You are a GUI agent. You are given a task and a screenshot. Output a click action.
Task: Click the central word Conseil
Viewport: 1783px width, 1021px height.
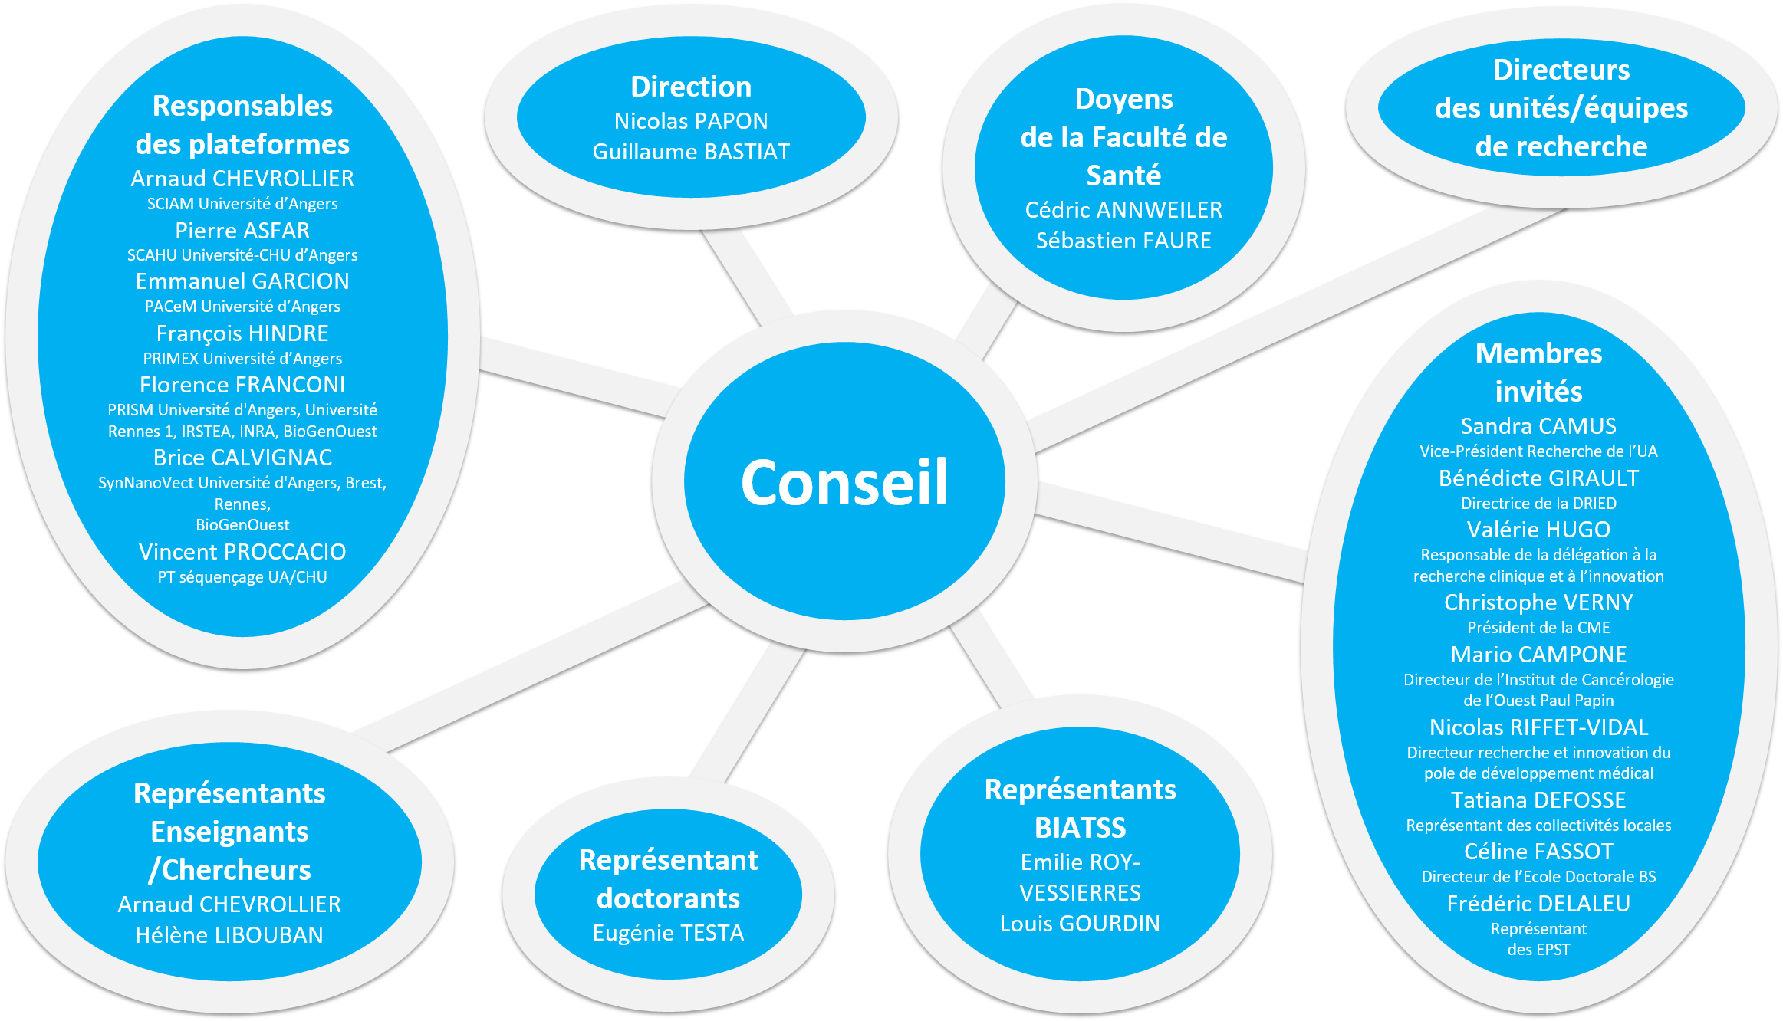[x=844, y=482]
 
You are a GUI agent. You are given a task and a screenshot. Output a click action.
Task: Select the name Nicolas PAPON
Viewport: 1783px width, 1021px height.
[x=691, y=121]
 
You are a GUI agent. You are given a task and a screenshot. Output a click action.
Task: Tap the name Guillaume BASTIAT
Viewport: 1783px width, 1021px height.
[x=691, y=152]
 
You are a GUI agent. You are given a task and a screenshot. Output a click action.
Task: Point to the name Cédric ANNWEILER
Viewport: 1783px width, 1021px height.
[x=1123, y=210]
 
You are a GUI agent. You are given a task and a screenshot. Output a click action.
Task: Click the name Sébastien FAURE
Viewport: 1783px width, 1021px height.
[x=1123, y=241]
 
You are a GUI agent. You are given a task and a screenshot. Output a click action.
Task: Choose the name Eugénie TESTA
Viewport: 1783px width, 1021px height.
[x=668, y=933]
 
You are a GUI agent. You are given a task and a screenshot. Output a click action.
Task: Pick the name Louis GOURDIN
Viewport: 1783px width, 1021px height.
[x=1080, y=924]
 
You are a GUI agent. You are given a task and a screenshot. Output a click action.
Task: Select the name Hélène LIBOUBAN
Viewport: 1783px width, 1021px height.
[x=229, y=935]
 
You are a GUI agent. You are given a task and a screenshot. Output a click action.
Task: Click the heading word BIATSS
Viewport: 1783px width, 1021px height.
[x=1080, y=828]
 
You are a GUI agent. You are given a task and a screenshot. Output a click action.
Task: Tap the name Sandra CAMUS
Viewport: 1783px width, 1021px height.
[x=1538, y=426]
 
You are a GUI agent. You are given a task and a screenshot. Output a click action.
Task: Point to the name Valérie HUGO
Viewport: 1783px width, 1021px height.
[x=1538, y=530]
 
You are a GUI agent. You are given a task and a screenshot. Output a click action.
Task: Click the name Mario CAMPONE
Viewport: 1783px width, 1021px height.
[x=1538, y=655]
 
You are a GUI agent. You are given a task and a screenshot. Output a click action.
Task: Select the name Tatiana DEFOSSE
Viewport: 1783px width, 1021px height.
[x=1538, y=800]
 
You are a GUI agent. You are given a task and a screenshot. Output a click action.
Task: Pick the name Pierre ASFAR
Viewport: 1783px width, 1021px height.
[x=242, y=231]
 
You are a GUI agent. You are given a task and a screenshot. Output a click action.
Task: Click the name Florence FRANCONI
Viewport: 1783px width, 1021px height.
[x=242, y=385]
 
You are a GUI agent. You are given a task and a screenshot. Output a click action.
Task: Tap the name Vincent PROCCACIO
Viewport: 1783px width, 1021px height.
[x=242, y=552]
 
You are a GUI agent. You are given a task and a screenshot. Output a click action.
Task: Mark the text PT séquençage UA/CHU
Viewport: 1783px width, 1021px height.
[x=242, y=577]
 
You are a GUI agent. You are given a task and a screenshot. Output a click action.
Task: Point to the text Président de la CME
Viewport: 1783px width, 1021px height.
[x=1538, y=628]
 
